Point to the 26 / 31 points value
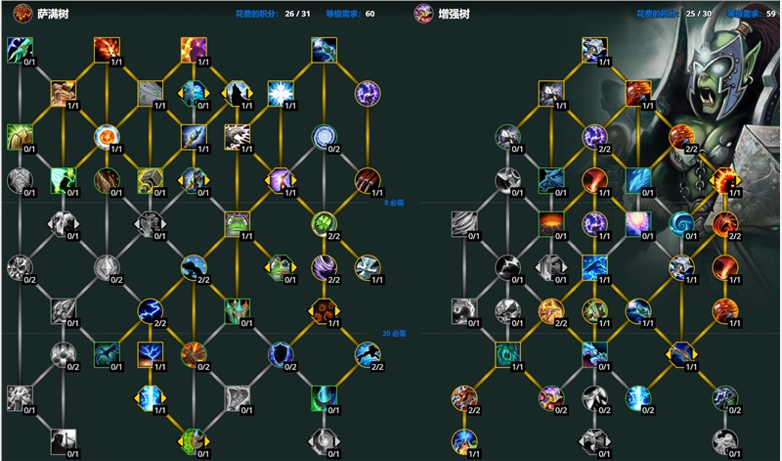click(x=296, y=14)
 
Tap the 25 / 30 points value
click(x=699, y=14)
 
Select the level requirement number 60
click(x=369, y=14)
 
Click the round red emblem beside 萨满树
click(x=18, y=14)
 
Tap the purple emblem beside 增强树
click(x=423, y=14)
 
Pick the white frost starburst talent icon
click(x=281, y=93)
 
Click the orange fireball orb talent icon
click(x=106, y=136)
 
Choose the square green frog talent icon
click(x=237, y=224)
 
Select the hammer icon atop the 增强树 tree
click(x=593, y=49)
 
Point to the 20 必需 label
click(x=393, y=333)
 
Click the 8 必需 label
click(x=394, y=203)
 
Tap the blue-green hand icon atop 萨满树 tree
click(x=19, y=49)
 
